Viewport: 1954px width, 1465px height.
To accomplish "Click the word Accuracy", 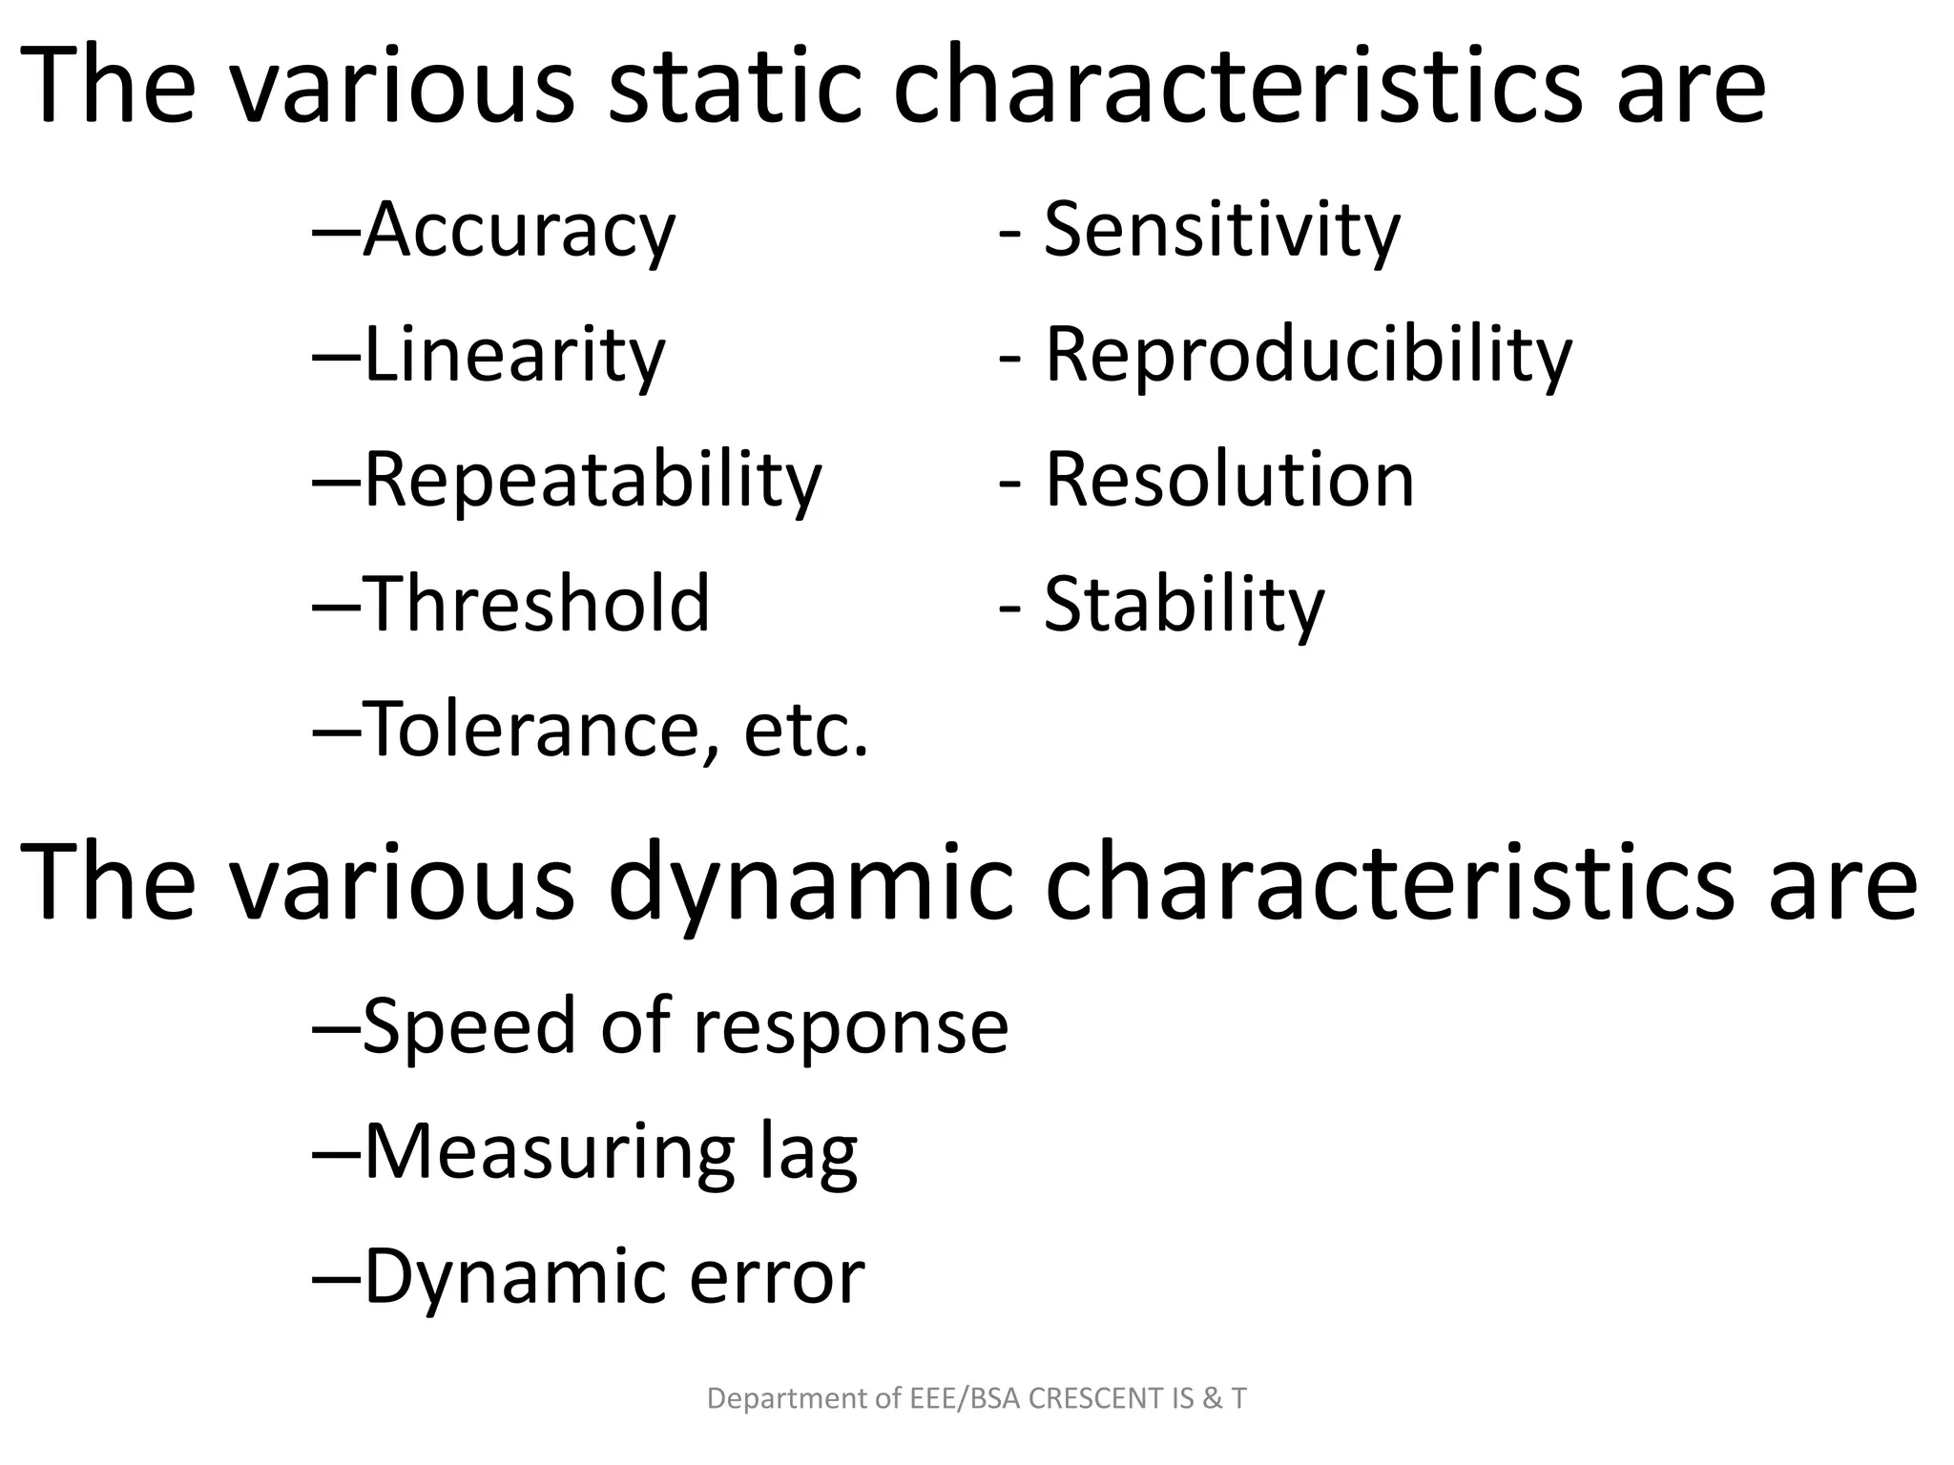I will [x=519, y=230].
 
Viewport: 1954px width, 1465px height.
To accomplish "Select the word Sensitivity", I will [x=1222, y=230].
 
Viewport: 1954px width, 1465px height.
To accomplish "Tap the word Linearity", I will [x=514, y=355].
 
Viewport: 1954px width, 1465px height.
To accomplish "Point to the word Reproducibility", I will [x=1308, y=355].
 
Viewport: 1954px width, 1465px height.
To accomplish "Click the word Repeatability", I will [x=592, y=480].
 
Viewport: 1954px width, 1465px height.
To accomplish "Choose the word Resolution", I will [x=1230, y=480].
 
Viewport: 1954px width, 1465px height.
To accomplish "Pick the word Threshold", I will [x=537, y=604].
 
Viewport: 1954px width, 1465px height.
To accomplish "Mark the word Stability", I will [x=1185, y=604].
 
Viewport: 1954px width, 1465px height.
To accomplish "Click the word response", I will [x=850, y=1026].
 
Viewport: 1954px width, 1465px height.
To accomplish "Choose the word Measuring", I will [x=550, y=1152].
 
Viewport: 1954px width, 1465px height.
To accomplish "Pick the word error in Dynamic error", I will [x=777, y=1277].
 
